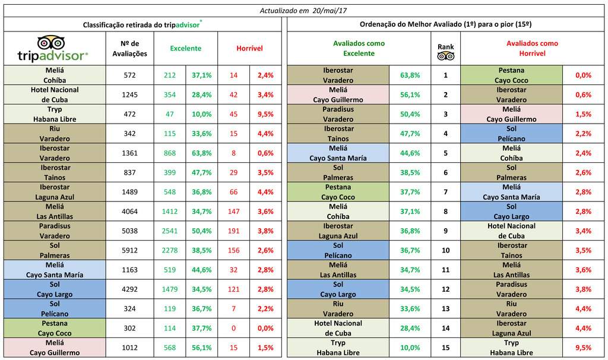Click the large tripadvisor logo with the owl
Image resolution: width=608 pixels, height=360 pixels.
click(x=53, y=49)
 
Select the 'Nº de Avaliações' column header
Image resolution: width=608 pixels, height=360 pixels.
click(x=129, y=49)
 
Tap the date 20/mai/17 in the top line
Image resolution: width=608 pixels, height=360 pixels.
click(x=330, y=11)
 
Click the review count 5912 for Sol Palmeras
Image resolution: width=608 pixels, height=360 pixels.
click(x=129, y=250)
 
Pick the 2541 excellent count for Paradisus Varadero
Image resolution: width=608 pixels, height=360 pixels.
click(x=169, y=231)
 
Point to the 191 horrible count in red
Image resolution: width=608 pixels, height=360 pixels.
click(x=233, y=231)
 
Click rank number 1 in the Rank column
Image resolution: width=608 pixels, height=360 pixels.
click(x=445, y=75)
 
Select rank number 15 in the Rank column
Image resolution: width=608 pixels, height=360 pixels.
click(x=445, y=348)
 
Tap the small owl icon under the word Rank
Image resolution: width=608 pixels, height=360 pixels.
click(x=445, y=56)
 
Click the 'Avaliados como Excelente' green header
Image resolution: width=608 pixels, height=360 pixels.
click(x=359, y=49)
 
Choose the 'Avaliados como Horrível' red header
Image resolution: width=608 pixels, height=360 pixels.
click(x=532, y=49)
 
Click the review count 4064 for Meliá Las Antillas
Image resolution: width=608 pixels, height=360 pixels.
click(x=129, y=211)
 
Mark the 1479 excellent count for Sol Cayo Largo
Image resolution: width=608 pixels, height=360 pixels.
click(x=169, y=289)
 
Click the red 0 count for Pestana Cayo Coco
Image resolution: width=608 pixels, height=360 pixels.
click(x=233, y=328)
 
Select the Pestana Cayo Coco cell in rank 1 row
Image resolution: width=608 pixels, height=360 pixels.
click(x=511, y=75)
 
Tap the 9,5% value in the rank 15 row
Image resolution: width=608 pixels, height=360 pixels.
click(x=583, y=348)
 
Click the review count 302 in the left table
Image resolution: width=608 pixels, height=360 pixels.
click(x=129, y=328)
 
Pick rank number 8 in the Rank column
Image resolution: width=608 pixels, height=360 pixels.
click(x=445, y=211)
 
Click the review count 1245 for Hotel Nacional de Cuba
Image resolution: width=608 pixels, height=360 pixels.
click(x=129, y=94)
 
